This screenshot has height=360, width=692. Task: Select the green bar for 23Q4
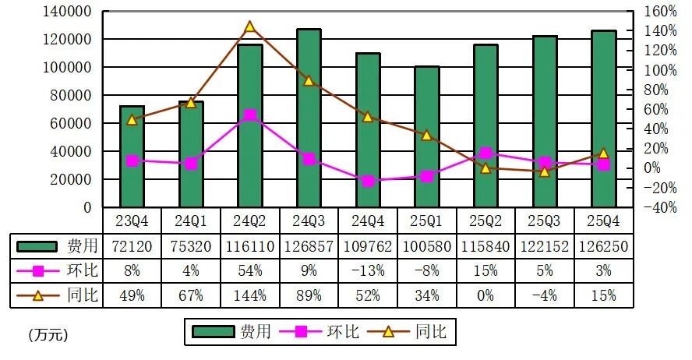pyautogui.click(x=132, y=157)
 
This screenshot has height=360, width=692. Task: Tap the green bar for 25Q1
pyautogui.click(x=426, y=137)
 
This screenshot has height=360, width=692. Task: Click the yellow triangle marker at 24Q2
pyautogui.click(x=250, y=26)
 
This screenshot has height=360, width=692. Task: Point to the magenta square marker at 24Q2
pyautogui.click(x=250, y=115)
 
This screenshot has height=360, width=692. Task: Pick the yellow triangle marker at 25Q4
pyautogui.click(x=603, y=154)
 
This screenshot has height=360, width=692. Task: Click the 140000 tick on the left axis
pyautogui.click(x=69, y=12)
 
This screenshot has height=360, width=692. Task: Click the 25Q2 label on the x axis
pyautogui.click(x=485, y=221)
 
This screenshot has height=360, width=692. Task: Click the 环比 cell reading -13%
pyautogui.click(x=368, y=271)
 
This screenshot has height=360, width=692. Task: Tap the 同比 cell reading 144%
pyautogui.click(x=249, y=295)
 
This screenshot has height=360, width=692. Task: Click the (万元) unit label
pyautogui.click(x=48, y=335)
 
